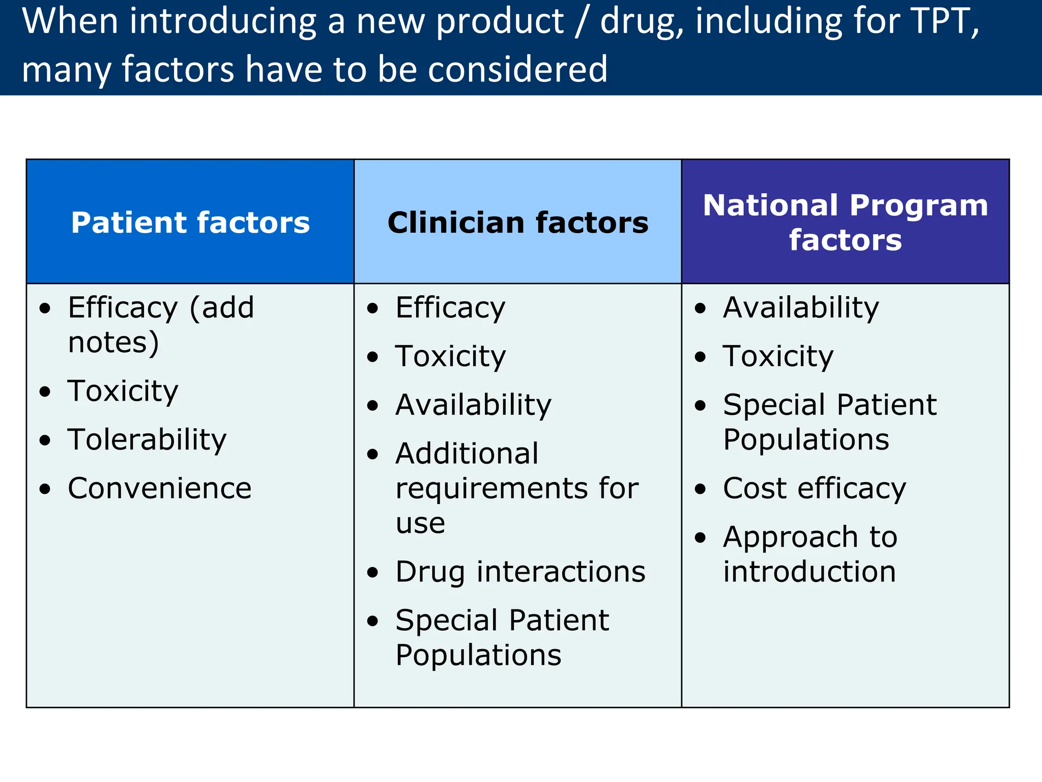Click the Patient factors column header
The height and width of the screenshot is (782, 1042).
[190, 222]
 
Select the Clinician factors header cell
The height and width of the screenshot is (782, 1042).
[517, 222]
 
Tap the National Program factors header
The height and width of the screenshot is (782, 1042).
[845, 222]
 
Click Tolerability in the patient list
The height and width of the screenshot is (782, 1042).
[147, 439]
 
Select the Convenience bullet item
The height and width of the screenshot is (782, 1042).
[159, 488]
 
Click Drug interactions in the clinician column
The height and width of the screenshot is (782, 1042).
[520, 572]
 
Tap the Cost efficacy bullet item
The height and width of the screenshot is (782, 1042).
[814, 488]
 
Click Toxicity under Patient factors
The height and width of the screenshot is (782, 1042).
[123, 391]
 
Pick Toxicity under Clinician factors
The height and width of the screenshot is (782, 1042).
[451, 356]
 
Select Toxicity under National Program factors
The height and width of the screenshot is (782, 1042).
[778, 356]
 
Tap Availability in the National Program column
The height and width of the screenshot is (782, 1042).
[801, 308]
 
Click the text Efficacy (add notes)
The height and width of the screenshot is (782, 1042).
[160, 324]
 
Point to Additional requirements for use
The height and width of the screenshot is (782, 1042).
[516, 488]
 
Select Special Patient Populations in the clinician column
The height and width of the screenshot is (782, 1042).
[502, 637]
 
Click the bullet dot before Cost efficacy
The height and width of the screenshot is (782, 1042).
[701, 489]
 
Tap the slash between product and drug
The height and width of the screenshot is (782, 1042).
[582, 21]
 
